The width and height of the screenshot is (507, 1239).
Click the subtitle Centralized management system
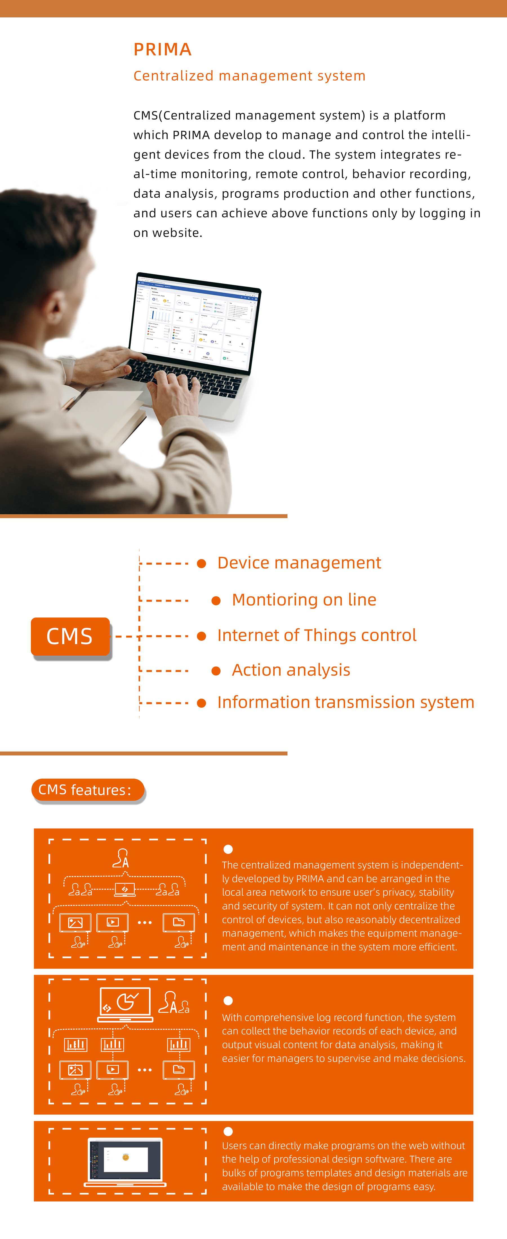point(249,76)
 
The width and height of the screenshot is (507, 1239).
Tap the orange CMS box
point(70,636)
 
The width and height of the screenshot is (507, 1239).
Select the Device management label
point(299,563)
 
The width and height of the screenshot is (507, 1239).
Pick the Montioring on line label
point(304,600)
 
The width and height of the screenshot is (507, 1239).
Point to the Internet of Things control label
point(317,635)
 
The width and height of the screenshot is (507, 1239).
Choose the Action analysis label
point(291,670)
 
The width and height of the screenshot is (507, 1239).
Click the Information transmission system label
point(346,702)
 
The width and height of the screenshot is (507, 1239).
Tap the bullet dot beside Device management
point(202,563)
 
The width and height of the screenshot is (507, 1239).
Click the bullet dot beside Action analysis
point(216,671)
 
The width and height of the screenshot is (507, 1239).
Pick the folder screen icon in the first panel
point(179,922)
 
